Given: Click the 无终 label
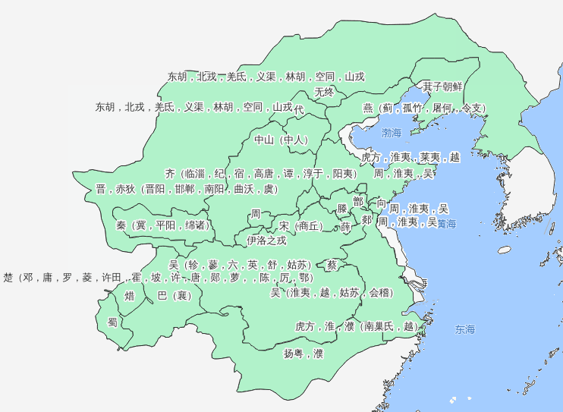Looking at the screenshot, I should pos(324,92).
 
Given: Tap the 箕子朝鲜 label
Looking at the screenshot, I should pos(442,86).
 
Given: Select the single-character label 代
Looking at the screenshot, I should pos(299,109).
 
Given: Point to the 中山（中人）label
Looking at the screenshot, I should pos(281,140).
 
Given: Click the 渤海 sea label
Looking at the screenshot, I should pos(392,134).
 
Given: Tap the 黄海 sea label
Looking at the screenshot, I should pos(446,224).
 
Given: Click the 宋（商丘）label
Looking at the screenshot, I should pos(300,226).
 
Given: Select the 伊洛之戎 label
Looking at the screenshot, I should pos(266,241).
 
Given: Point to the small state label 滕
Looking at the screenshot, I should pos(342,208).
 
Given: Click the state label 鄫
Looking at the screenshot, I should pos(358,200).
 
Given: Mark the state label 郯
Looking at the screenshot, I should pos(366,220).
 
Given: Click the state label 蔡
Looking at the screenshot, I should pos(332,266).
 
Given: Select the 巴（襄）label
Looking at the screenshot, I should pos(173,295).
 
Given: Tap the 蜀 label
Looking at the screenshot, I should pos(112,322).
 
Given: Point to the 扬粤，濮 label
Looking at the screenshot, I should pos(304,354).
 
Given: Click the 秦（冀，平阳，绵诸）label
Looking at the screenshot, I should pos(163,225).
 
